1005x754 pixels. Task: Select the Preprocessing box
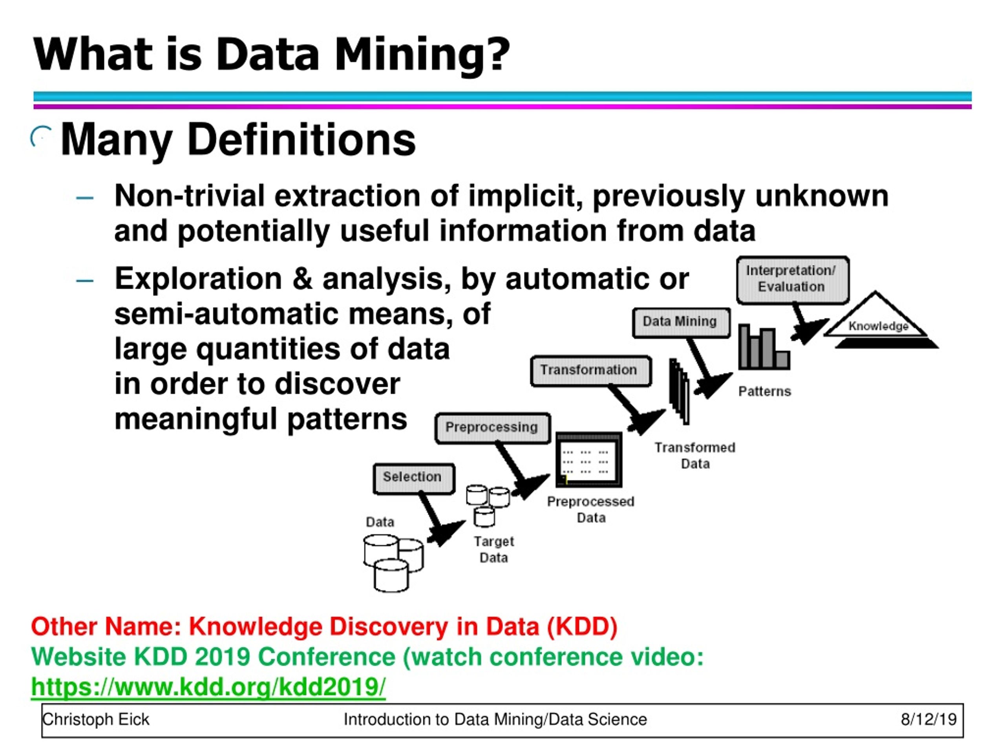click(492, 428)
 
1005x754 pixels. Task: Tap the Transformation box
click(590, 370)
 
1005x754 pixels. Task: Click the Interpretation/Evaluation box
click(792, 279)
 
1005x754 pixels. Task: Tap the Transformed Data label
click(695, 456)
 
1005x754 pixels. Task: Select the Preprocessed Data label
click(591, 509)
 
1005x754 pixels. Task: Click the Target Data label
click(494, 549)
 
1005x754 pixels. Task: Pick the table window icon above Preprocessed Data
click(588, 459)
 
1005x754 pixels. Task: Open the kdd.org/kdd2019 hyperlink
click(208, 687)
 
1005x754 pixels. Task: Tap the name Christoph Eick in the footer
click(96, 719)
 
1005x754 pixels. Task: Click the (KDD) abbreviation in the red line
click(582, 627)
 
